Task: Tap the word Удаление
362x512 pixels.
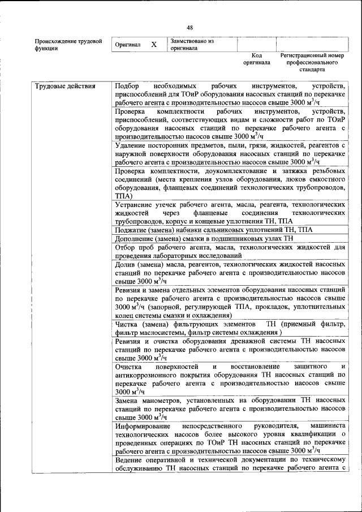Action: [x=131, y=146]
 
